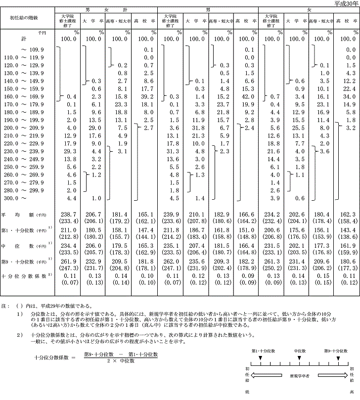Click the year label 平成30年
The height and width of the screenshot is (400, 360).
coord(346,3)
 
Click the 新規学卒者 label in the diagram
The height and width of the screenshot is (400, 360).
coord(300,376)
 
